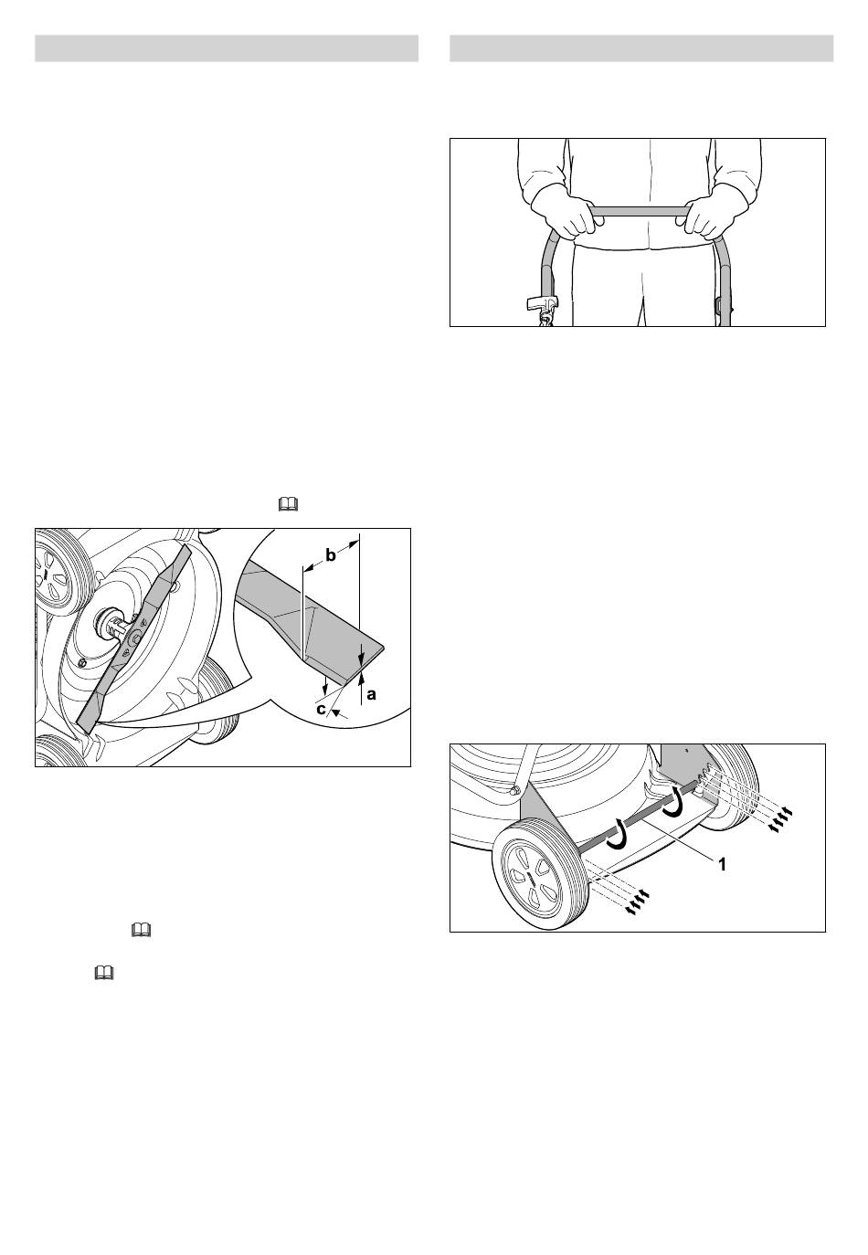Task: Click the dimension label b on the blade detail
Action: coord(331,555)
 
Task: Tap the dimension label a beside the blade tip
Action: coord(371,695)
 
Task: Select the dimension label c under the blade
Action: coord(321,709)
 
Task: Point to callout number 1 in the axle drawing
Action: coord(723,864)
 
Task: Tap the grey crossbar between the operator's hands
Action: coord(640,211)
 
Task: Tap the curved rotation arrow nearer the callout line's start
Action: coord(672,802)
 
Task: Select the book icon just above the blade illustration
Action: coord(288,505)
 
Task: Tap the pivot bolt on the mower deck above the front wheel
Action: coord(514,789)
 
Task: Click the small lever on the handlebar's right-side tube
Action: coord(719,304)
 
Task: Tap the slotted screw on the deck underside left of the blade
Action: coord(84,662)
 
